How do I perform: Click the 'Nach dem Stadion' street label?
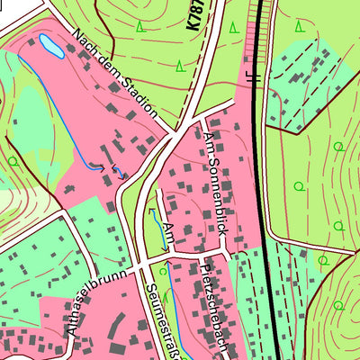tap(116, 76)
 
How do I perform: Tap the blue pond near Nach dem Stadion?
tap(49, 46)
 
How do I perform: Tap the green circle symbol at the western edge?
tap(13, 161)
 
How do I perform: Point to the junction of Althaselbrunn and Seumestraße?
tap(138, 267)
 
